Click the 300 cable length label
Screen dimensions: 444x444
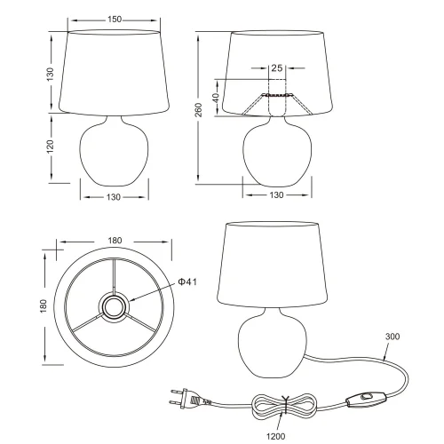[x=392, y=337]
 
